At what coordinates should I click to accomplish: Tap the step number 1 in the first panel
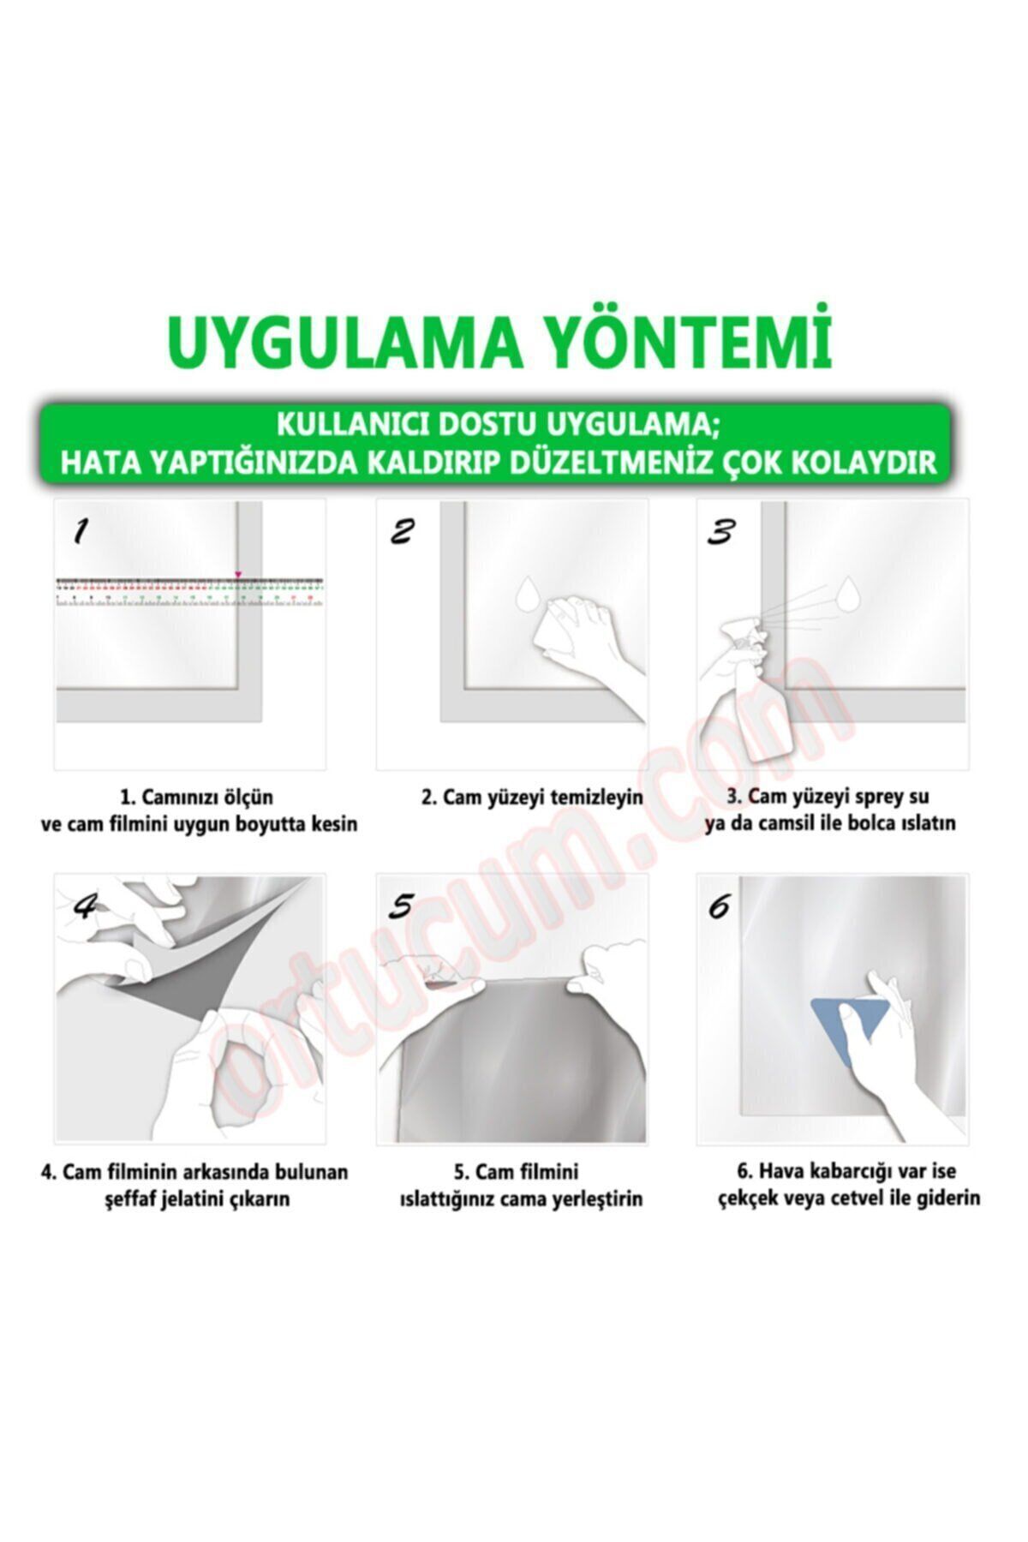tap(80, 532)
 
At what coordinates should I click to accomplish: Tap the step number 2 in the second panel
tap(401, 531)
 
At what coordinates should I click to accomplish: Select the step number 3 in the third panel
tap(720, 531)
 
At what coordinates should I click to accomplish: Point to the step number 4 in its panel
tap(83, 905)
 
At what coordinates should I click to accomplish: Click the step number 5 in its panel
tap(401, 905)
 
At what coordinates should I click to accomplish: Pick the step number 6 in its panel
tap(719, 905)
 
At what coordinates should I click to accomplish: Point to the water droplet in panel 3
tap(849, 591)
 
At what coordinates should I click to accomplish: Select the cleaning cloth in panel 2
tap(557, 637)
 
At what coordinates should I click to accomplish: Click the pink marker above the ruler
tap(238, 574)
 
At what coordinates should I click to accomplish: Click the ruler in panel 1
tap(190, 593)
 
